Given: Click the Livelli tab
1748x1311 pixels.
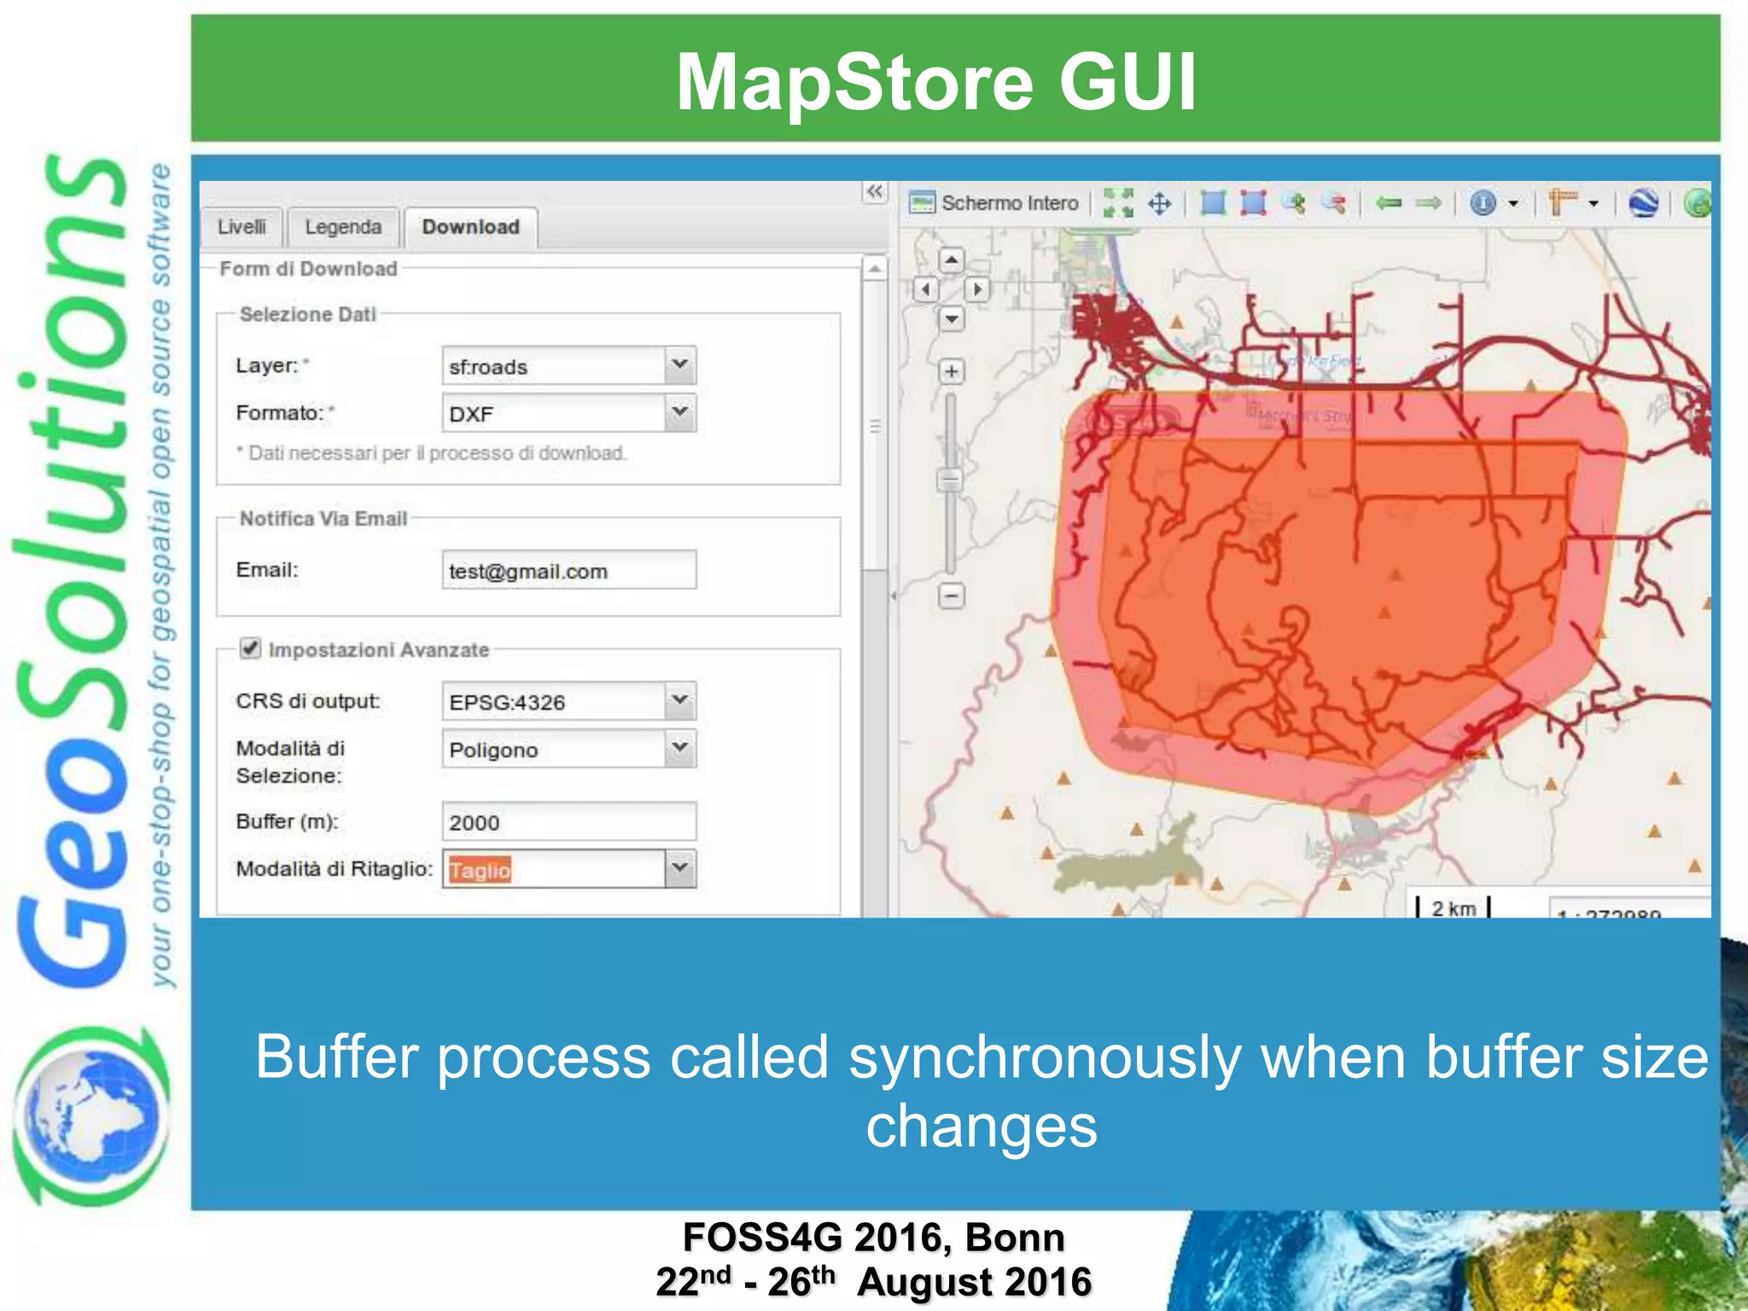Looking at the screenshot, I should pos(242,227).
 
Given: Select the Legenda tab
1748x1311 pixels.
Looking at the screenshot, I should pos(343,227).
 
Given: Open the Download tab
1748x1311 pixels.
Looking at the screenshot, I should pos(470,227).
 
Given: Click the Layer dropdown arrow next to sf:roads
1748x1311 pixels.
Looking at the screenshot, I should pos(679,365).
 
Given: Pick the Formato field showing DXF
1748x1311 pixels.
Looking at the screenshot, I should pos(555,414).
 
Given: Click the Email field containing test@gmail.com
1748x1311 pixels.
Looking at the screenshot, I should pos(568,571).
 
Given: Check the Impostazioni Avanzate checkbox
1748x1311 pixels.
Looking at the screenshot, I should pos(250,649).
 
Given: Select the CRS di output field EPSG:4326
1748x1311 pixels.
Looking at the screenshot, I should pos(555,702).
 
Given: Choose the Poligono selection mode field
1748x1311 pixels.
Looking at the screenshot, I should pos(555,749).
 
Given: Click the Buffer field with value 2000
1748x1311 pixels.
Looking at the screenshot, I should pos(568,822).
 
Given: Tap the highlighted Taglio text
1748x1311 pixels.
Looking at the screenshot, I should pos(480,870).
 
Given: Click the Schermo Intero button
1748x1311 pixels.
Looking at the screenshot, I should pos(995,203).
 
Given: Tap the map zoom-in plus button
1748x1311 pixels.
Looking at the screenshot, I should pos(952,371).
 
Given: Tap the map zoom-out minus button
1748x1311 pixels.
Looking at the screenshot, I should pos(952,595).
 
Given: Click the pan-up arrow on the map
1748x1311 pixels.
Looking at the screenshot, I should pos(952,259).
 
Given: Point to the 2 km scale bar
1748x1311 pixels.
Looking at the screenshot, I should pos(1453,908).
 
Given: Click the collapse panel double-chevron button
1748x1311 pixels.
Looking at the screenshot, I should pos(875,191).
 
